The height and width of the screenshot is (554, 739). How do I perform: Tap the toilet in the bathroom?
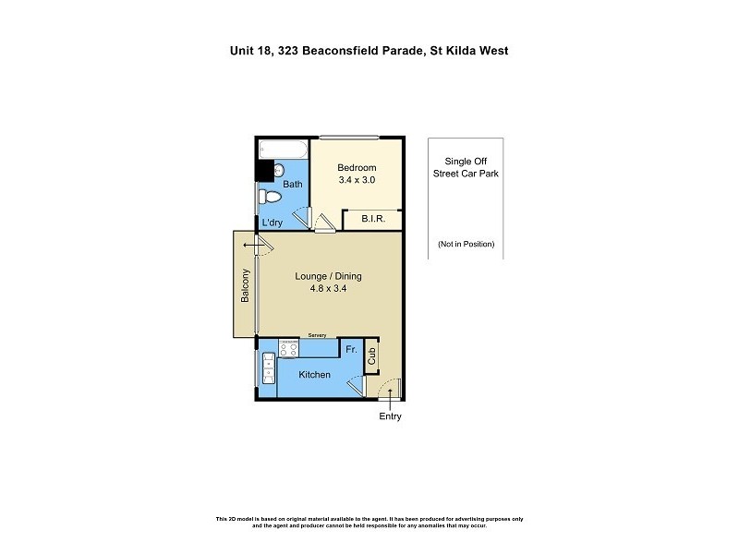(269, 197)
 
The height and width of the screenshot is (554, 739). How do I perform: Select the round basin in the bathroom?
(280, 170)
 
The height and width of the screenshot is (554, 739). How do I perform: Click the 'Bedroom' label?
(357, 167)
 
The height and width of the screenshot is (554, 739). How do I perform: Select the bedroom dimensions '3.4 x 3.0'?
(357, 180)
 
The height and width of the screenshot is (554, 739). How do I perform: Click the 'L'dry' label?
(272, 223)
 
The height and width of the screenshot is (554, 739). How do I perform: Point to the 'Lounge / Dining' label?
(328, 276)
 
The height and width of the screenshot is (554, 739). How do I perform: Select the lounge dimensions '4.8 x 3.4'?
(328, 289)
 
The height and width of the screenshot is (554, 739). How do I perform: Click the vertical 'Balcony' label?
(245, 285)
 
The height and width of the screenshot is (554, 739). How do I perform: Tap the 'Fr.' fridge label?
(351, 350)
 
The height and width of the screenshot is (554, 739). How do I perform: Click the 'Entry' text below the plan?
(390, 416)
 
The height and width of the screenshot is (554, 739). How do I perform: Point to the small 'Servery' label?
(318, 335)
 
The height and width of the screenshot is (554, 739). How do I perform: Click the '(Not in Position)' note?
(466, 244)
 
